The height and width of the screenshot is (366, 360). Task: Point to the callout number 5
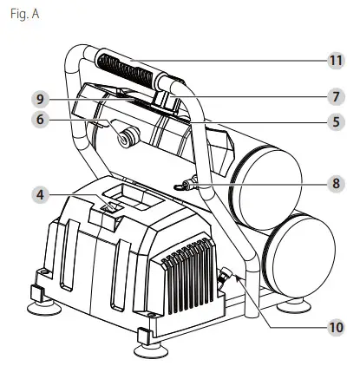pyautogui.click(x=334, y=123)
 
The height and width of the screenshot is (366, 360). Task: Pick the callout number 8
pyautogui.click(x=334, y=184)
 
